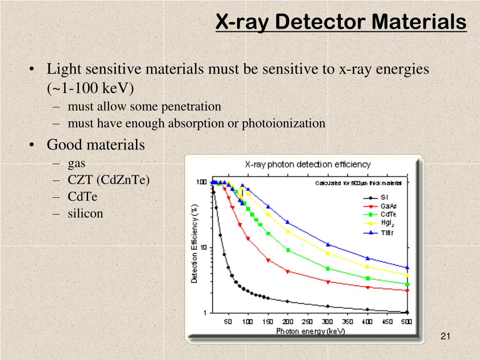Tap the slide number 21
tap(445, 336)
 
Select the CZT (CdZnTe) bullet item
tap(109, 180)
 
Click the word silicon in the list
tap(85, 213)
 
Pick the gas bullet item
tap(76, 163)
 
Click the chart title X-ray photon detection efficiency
tap(308, 165)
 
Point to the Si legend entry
tap(378, 197)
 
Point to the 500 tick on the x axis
tap(407, 322)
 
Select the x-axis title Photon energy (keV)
tap(310, 331)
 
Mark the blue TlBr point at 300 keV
tap(328, 245)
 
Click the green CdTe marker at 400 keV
tap(367, 278)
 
